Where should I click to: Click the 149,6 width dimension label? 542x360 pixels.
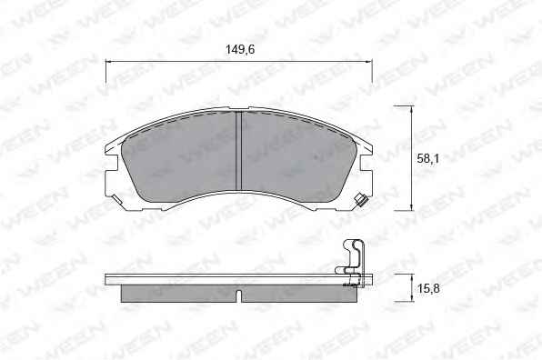(x=240, y=50)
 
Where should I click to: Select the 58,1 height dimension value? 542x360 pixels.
(x=427, y=158)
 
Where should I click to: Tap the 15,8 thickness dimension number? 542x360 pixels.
(x=428, y=288)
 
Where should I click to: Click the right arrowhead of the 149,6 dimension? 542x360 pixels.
(x=367, y=62)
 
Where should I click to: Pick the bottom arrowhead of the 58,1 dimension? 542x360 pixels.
(x=411, y=205)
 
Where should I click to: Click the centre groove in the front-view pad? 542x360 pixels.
(x=238, y=151)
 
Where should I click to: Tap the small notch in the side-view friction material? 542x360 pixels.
(x=238, y=295)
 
